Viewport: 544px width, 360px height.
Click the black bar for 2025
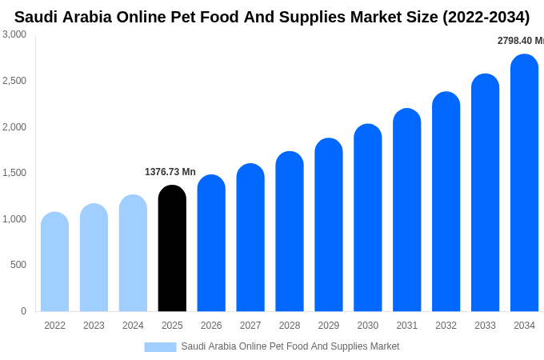[x=172, y=249]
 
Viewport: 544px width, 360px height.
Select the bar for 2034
[x=524, y=183]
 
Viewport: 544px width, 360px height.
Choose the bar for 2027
[x=250, y=238]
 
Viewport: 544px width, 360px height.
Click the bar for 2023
[x=94, y=258]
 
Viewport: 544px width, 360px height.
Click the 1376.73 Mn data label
[x=170, y=172]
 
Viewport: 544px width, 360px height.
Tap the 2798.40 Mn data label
[x=521, y=41]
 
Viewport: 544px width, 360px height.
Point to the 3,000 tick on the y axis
[x=14, y=34]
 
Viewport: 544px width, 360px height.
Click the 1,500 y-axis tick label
[x=14, y=173]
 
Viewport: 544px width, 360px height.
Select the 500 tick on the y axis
[x=18, y=265]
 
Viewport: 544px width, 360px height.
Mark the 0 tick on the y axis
[x=23, y=311]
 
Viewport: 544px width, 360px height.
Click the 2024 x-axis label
[x=133, y=326]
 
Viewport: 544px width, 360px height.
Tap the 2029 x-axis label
[x=329, y=326]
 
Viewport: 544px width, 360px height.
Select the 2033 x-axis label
[x=485, y=326]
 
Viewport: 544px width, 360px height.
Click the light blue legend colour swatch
[x=160, y=347]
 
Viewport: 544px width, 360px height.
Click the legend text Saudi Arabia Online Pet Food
[x=290, y=346]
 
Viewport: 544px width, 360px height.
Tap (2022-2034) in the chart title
[x=486, y=17]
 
